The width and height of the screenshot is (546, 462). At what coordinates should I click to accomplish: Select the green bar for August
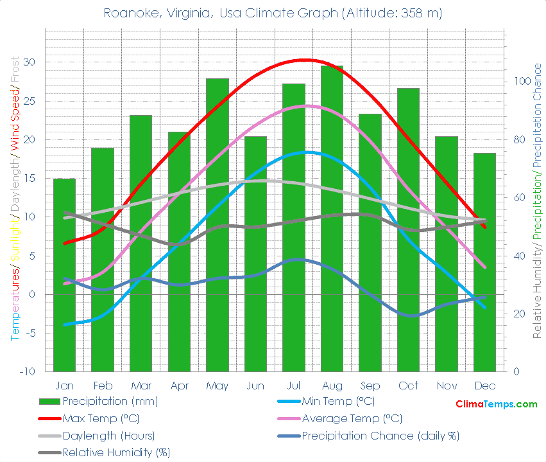tap(332, 218)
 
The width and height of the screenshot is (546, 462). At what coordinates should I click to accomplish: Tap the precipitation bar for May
tap(217, 225)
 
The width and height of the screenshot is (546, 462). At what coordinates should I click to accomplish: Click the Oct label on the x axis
tap(408, 386)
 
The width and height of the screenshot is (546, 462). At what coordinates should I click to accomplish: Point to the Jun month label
tap(255, 386)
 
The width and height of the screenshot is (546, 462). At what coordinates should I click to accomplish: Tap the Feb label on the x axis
tap(103, 386)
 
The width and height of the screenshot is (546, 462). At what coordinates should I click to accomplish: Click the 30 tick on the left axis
tap(29, 62)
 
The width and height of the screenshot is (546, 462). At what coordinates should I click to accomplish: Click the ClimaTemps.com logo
tap(496, 404)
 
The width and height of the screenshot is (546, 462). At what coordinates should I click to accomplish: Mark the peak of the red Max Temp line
tap(305, 60)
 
